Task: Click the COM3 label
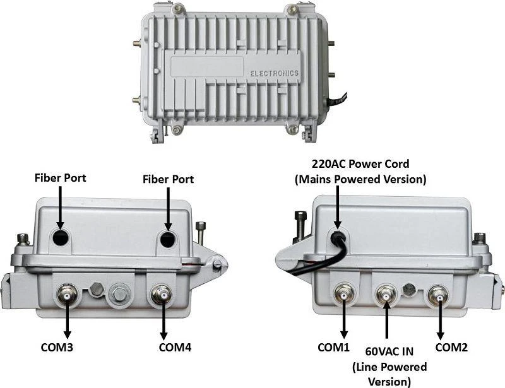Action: [57, 347]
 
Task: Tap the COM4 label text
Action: [175, 347]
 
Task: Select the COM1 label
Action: [333, 347]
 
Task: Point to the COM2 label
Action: [451, 347]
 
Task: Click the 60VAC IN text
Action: [389, 351]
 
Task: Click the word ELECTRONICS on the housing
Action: [275, 73]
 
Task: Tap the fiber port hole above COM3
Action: [61, 238]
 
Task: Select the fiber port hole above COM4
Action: [168, 239]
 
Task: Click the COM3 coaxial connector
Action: [67, 295]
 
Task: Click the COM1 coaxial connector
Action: [344, 295]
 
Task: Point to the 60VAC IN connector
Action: [386, 294]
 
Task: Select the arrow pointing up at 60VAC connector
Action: [386, 319]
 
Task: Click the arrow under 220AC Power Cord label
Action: [337, 208]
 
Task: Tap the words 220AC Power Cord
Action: [360, 163]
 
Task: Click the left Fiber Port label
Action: [60, 178]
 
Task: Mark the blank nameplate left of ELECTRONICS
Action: [207, 67]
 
